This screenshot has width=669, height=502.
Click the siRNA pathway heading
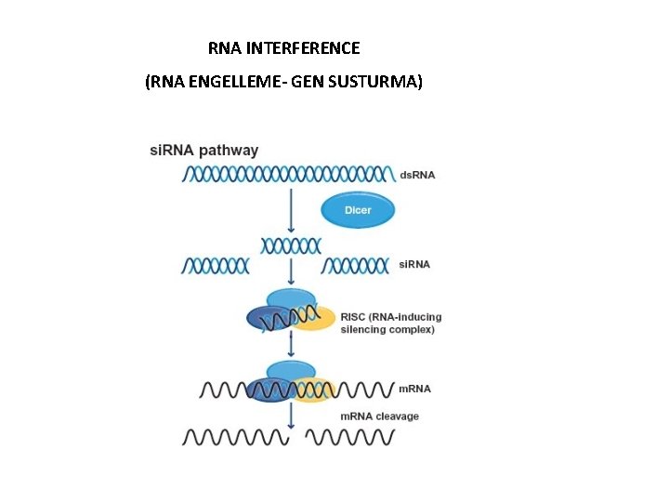204,151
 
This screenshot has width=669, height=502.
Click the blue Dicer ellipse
358,210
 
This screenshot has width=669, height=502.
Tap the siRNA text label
414,265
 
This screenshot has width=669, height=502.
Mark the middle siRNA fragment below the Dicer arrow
292,244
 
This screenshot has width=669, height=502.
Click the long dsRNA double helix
289,174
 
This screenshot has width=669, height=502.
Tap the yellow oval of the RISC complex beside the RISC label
316,318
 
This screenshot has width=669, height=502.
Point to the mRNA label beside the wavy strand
414,389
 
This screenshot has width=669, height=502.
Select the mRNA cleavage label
379,416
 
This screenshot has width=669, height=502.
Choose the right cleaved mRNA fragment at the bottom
350,436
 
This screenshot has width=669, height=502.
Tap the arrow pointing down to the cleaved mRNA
292,415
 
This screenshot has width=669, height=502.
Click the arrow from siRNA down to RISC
292,274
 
